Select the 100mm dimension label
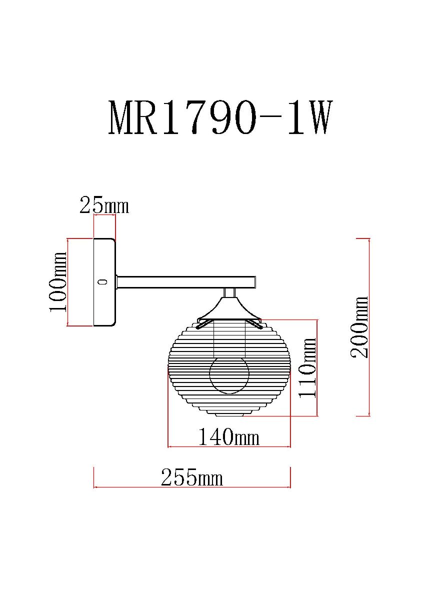coord(58,282)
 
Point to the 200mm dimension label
coord(359,327)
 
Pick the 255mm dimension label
coord(192,477)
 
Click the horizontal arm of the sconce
coord(186,282)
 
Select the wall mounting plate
coord(104,282)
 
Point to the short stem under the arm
coord(230,293)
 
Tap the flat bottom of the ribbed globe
coord(229,415)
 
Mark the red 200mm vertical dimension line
coord(369,327)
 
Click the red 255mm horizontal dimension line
coord(192,487)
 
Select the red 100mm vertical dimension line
coord(67,282)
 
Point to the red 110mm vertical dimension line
coord(317,368)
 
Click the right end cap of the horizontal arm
coord(255,282)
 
